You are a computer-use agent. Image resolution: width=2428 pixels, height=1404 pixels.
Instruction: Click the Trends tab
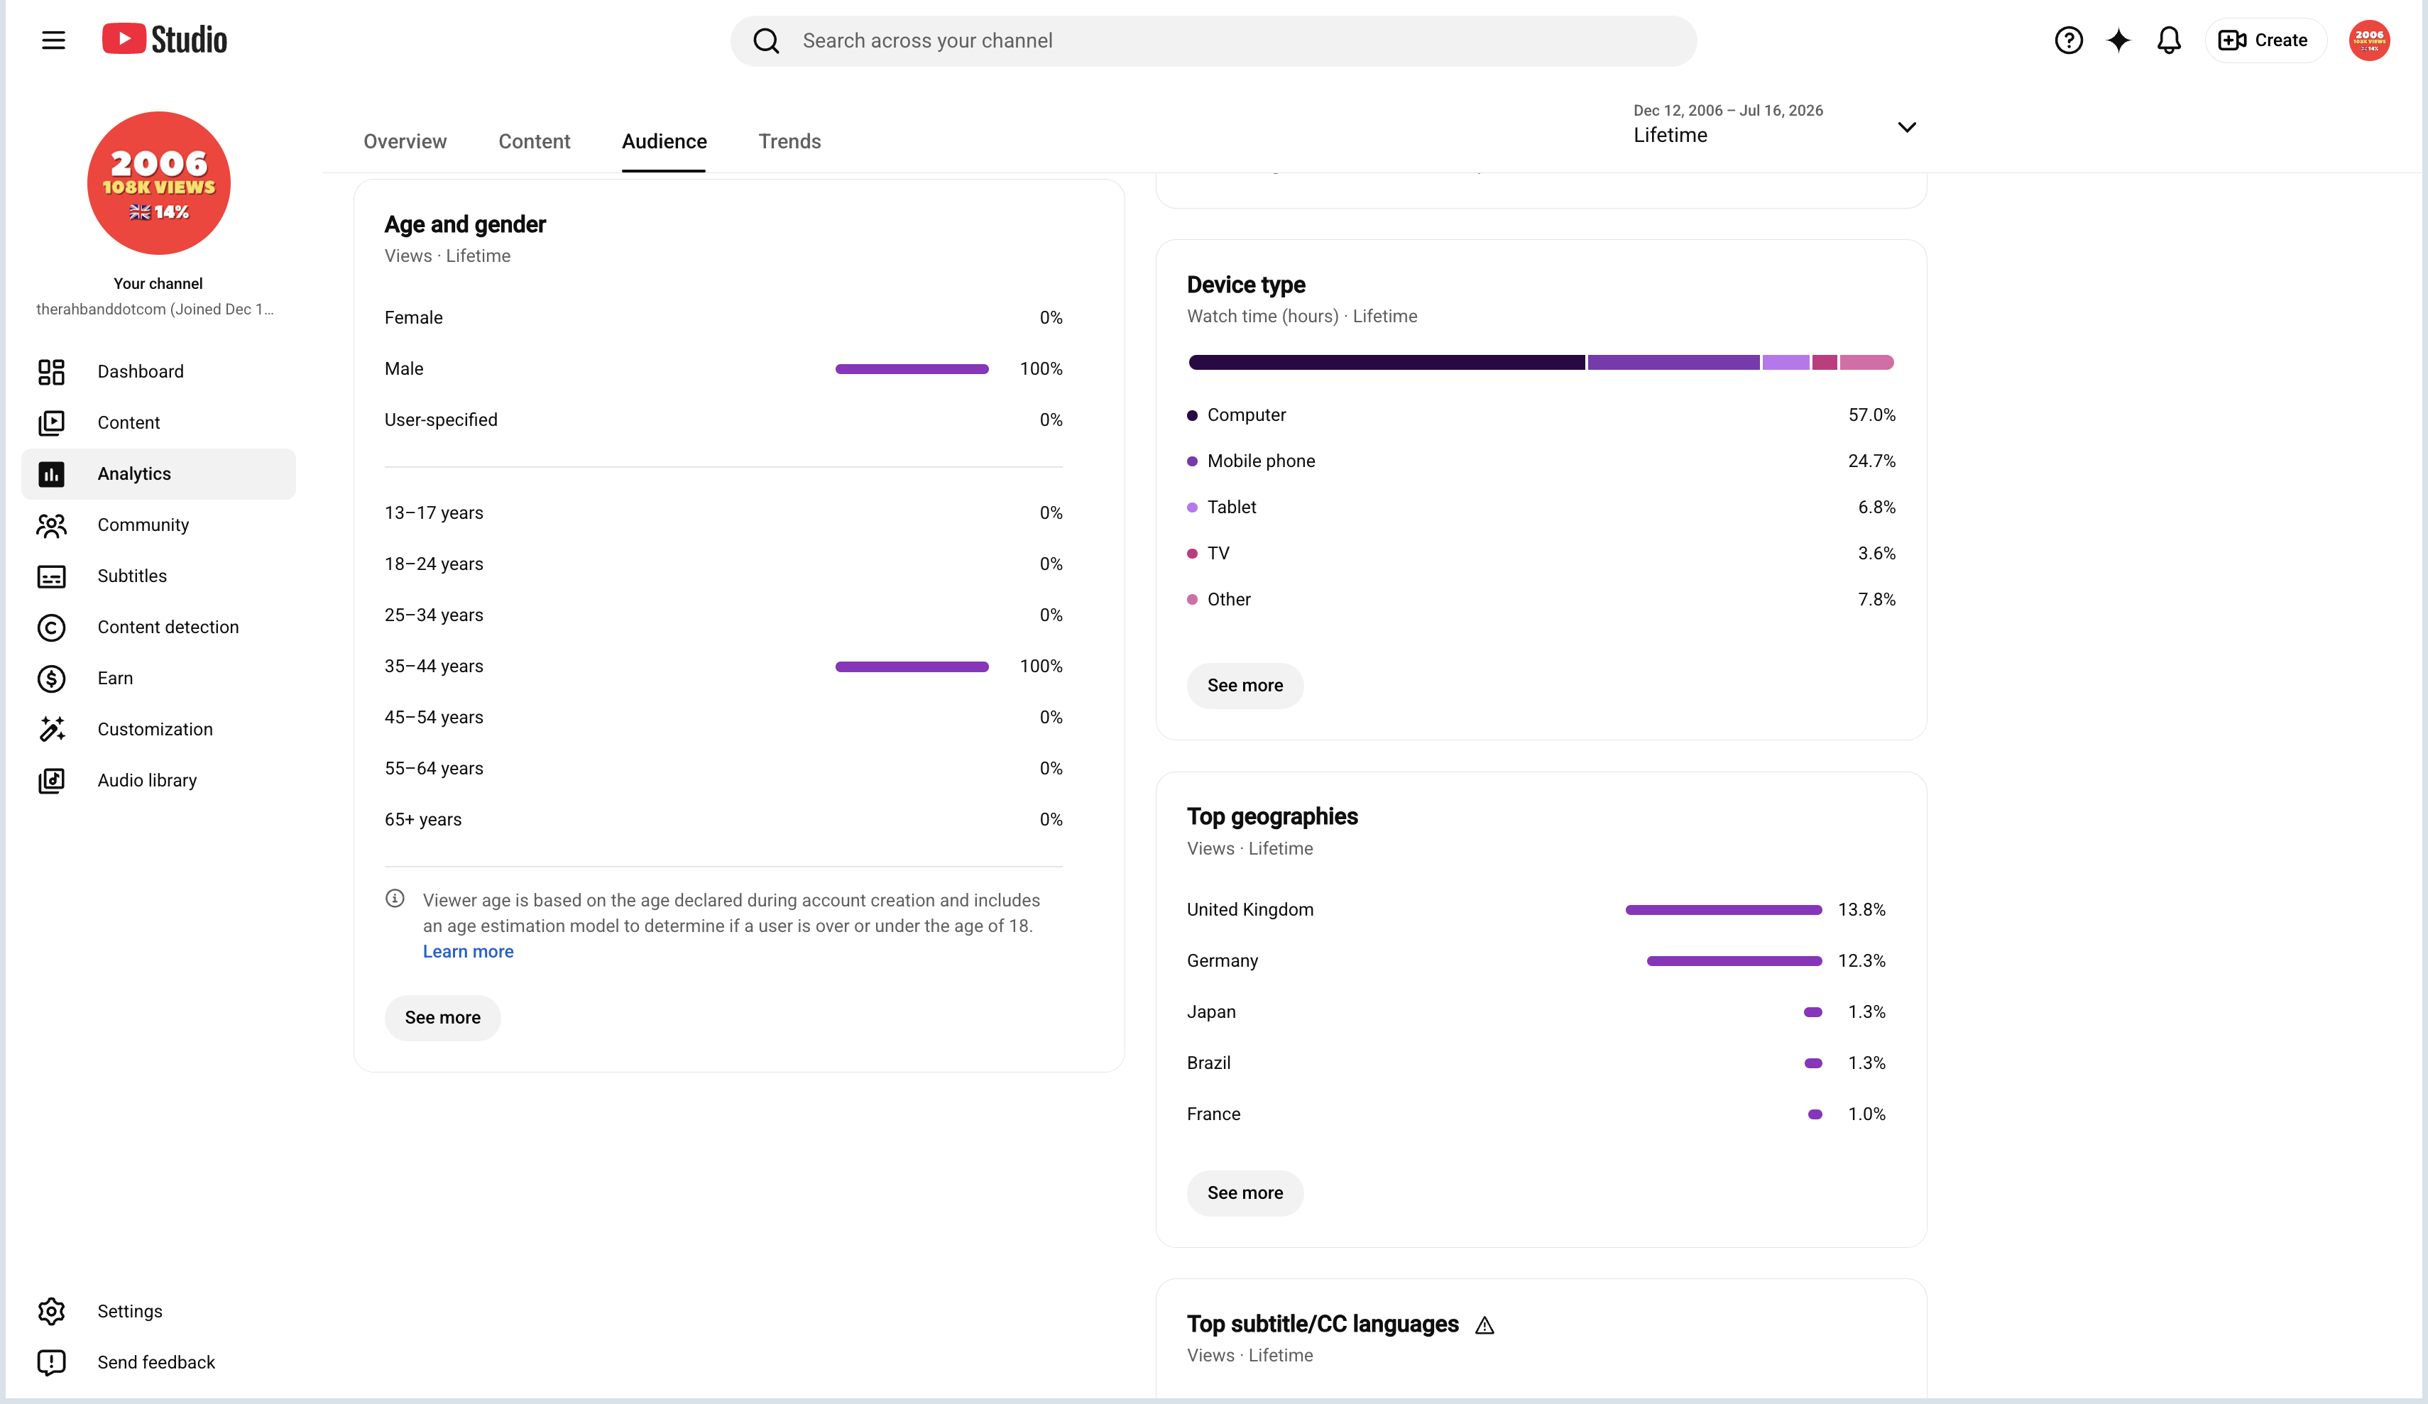(789, 142)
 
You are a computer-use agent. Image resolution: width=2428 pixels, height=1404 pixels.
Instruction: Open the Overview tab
(405, 142)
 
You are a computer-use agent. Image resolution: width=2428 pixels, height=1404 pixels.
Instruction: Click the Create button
(2264, 40)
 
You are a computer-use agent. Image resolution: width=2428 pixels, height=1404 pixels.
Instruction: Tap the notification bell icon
(2168, 40)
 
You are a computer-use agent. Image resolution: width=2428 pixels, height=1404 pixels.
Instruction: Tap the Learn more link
(469, 952)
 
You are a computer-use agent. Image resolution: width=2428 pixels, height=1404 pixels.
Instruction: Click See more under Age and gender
(442, 1018)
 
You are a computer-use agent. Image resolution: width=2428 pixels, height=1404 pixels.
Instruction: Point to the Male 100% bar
(912, 369)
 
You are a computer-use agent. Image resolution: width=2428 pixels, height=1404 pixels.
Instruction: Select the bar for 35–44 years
(912, 667)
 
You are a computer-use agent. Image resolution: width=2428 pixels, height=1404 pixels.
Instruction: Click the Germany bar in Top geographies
(1734, 961)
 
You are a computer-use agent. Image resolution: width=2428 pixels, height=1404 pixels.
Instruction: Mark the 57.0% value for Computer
(1871, 415)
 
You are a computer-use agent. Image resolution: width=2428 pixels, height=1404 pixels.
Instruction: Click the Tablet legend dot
(1192, 508)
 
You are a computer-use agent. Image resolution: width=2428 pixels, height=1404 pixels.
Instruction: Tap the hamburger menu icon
(54, 40)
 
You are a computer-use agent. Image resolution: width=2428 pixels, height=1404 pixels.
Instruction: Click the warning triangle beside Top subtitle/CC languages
(1484, 1326)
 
